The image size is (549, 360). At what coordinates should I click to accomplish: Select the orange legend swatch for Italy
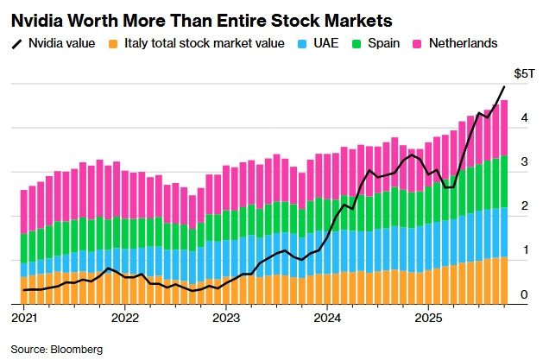(113, 43)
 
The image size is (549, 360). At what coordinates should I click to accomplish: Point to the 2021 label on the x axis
(24, 317)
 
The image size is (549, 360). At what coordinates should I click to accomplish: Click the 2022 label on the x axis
(125, 317)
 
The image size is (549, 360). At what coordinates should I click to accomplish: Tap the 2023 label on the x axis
(226, 317)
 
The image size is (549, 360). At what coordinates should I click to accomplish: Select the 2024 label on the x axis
(328, 317)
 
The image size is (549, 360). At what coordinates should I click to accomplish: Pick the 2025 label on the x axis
(429, 317)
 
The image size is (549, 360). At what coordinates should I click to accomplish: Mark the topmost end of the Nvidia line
(505, 86)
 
